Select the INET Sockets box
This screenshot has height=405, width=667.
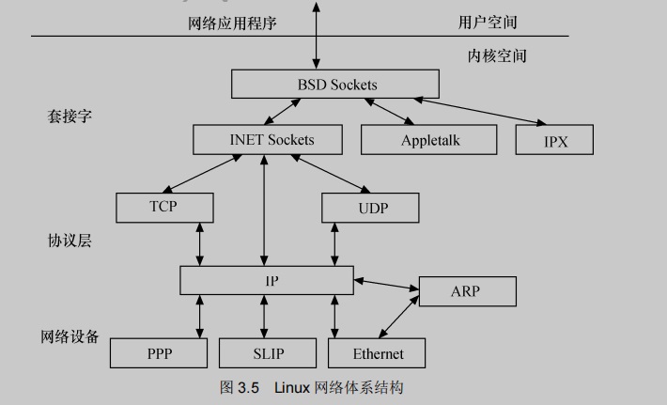click(271, 140)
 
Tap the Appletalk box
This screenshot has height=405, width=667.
click(428, 140)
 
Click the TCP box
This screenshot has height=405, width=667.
click(163, 207)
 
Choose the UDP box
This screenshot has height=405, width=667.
click(372, 207)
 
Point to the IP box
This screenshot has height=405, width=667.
click(266, 280)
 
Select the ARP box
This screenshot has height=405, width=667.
click(467, 290)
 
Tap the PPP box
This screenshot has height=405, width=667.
click(159, 353)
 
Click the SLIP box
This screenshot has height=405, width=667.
click(268, 353)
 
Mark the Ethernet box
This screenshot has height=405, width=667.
click(378, 353)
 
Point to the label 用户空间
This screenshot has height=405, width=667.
click(487, 22)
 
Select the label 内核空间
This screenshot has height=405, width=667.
click(497, 55)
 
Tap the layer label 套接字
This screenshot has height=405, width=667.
click(70, 117)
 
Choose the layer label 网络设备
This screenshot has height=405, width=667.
click(70, 336)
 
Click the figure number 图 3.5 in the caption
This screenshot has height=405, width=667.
click(239, 387)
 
